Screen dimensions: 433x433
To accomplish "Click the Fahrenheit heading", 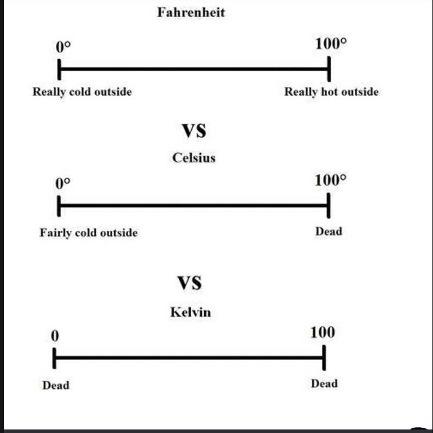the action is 191,12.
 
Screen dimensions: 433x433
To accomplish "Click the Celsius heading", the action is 194,157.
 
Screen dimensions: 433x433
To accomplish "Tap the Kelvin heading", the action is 190,312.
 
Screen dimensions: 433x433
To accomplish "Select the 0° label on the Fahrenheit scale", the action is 63,47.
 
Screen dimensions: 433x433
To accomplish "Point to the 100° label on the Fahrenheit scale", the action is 331,45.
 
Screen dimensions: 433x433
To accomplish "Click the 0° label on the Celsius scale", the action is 62,183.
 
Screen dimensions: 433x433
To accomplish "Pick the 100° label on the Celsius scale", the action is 331,180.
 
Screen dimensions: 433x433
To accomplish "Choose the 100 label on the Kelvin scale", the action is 322,333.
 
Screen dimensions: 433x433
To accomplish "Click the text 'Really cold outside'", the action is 82,92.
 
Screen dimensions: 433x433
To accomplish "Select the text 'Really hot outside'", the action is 331,92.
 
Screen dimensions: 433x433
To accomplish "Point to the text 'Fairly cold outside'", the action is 88,233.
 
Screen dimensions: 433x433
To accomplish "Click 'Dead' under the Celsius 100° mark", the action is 328,231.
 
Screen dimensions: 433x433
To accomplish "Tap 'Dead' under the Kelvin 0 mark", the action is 55,385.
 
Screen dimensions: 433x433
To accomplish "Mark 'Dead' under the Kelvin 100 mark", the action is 324,384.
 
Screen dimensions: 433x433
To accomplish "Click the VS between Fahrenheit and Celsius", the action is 193,131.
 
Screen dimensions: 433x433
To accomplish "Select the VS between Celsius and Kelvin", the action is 189,284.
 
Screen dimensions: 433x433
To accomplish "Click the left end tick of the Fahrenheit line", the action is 59,69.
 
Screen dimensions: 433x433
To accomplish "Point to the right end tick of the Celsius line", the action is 328,206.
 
